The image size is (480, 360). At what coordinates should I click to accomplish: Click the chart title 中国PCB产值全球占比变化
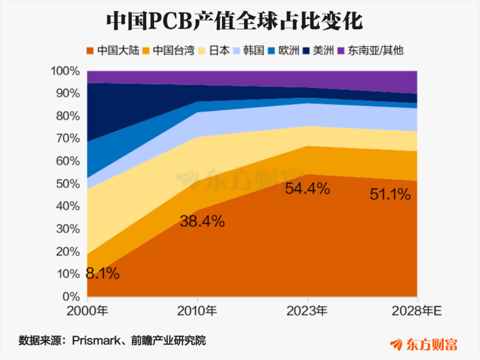235,21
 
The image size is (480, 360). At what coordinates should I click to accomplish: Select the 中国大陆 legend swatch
90,51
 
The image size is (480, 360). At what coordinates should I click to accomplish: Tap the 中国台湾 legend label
174,50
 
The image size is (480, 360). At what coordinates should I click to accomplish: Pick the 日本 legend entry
214,50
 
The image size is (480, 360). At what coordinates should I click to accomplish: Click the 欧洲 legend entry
284,50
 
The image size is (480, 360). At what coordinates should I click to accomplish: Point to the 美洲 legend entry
318,50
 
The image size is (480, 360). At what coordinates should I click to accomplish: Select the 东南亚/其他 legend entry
370,50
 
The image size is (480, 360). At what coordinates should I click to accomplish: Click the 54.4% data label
308,188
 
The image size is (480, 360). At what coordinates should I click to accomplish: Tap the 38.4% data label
202,221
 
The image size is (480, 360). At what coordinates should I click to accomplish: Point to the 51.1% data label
390,194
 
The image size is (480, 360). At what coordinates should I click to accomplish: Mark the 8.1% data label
103,273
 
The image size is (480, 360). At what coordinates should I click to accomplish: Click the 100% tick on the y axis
65,71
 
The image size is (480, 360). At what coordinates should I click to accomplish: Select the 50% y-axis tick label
68,184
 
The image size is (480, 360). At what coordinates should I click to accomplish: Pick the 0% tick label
71,296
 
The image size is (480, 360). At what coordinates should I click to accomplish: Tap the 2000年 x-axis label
87,311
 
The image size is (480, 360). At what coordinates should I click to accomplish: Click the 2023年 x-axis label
307,311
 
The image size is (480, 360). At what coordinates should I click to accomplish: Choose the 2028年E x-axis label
417,311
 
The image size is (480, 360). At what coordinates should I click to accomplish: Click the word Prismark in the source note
96,340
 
